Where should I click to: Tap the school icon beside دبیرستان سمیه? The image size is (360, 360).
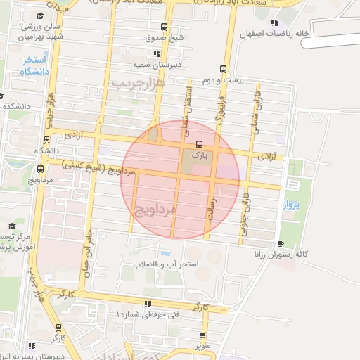(x=156, y=53)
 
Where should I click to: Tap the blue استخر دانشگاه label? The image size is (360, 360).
(x=34, y=66)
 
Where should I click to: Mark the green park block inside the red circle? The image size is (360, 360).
(x=191, y=164)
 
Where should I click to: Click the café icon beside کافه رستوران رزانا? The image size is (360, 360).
(x=281, y=244)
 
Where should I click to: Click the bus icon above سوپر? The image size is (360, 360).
(x=202, y=335)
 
